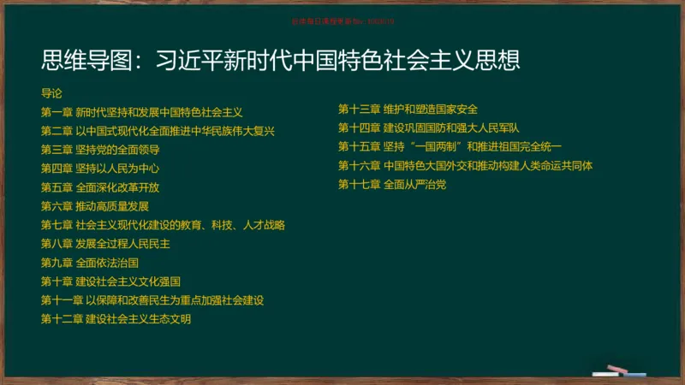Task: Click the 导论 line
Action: [51, 93]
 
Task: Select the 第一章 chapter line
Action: [142, 112]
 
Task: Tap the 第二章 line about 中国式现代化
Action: [158, 131]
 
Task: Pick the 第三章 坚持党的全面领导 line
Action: [100, 150]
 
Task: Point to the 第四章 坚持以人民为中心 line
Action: [100, 169]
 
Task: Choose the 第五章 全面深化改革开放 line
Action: [100, 187]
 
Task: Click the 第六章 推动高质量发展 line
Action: [95, 206]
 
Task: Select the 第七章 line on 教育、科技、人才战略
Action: [163, 225]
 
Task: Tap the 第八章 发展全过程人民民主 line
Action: [105, 244]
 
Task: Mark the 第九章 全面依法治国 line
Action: [90, 263]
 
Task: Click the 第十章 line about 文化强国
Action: [110, 281]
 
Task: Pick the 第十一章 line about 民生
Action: [152, 300]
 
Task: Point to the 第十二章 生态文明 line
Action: [116, 319]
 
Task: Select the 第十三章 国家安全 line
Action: [408, 109]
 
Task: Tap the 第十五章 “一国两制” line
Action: [450, 146]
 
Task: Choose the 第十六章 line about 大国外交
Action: [465, 165]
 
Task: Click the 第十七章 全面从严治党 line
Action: [392, 184]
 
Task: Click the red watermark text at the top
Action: [342, 21]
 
